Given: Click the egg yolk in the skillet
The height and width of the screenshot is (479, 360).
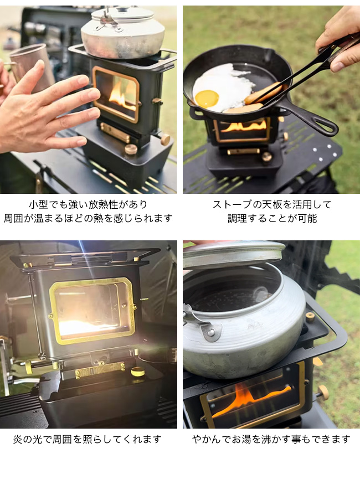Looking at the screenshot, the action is click(207, 99).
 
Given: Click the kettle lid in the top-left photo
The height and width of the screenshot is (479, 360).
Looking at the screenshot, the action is click(123, 14).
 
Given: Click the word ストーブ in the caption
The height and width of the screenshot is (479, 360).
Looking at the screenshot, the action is click(230, 204).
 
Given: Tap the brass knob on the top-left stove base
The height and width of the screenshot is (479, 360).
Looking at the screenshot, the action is click(131, 150).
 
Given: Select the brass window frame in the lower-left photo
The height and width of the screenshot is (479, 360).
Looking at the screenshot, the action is click(92, 311).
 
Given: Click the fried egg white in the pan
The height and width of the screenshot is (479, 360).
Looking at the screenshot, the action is click(223, 87).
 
